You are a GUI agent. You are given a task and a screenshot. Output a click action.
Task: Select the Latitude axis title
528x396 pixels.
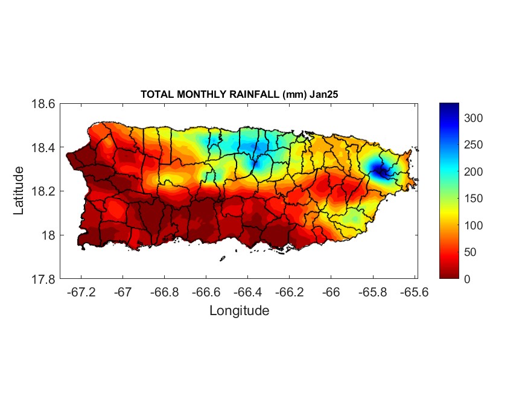[19, 191]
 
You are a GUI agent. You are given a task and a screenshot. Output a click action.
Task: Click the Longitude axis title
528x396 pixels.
[239, 311]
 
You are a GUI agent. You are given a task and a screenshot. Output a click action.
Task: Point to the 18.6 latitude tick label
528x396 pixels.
[43, 104]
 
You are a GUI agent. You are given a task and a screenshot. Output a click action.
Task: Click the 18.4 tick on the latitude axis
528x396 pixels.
[43, 148]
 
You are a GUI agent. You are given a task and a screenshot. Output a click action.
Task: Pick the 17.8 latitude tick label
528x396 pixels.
[43, 279]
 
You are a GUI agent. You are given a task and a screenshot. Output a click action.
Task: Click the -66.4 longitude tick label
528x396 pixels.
[247, 292]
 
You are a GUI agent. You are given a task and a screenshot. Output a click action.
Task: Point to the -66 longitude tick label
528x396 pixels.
[331, 292]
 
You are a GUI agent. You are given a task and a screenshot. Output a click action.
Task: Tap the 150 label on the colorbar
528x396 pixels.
[474, 199]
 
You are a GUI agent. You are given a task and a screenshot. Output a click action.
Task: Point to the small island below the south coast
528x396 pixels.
[223, 258]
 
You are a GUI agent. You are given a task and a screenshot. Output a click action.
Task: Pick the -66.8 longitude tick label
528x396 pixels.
[165, 292]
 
